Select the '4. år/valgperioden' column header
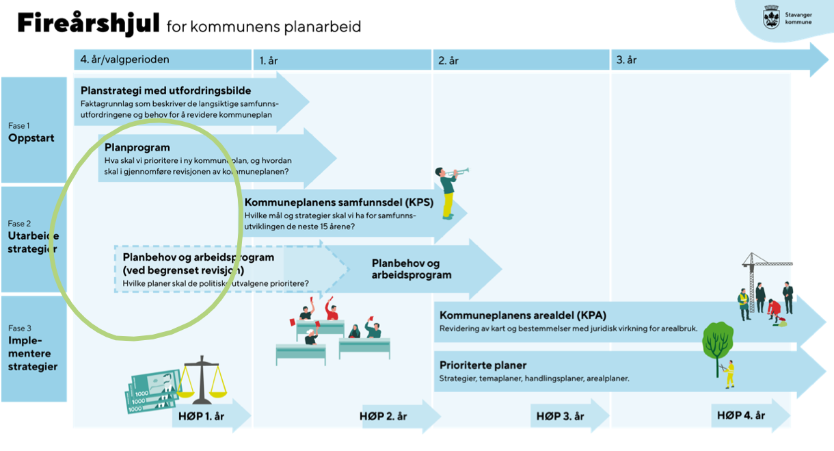coord(125,60)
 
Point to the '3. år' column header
coord(626,60)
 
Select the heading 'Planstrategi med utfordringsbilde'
coord(166,90)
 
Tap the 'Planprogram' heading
coord(137,147)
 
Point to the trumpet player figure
coord(447,192)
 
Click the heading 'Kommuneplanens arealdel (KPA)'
coord(522,315)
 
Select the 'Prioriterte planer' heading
coord(483,365)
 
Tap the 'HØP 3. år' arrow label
coord(560,416)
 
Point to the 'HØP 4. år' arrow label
coord(742,415)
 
